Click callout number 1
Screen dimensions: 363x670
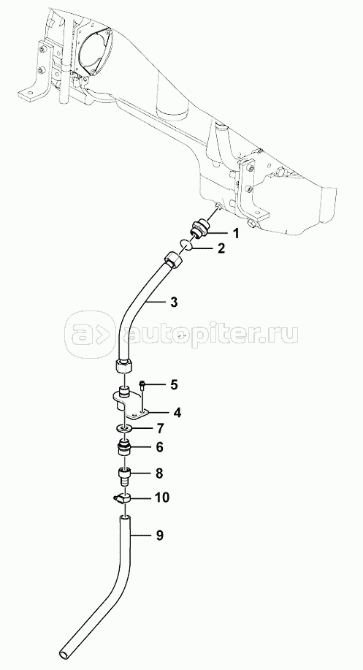236,233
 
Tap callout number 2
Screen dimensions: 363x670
221,248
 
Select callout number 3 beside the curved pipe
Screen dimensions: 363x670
173,302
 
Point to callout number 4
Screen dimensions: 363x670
177,412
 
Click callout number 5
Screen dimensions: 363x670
174,384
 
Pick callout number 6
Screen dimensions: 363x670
159,447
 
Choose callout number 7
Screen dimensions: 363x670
160,427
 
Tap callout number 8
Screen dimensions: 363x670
159,473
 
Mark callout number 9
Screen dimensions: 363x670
159,536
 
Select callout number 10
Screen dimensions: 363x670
162,498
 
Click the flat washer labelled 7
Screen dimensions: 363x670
124,427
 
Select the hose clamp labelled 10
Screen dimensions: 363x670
123,498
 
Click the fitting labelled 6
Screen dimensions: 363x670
124,448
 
